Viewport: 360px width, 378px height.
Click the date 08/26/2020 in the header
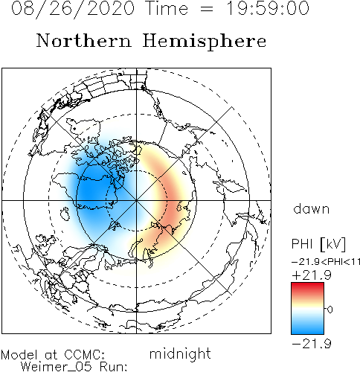(x=73, y=9)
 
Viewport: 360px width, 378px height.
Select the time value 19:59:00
(x=268, y=8)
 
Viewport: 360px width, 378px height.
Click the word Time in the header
(x=167, y=8)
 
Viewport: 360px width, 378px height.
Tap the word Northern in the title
(x=84, y=41)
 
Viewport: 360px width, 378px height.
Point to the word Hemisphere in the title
(x=205, y=42)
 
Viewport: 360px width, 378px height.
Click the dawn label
(x=312, y=208)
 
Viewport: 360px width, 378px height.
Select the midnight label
(x=180, y=354)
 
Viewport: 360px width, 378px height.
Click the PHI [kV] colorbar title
(x=318, y=244)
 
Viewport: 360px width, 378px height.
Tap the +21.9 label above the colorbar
(x=312, y=275)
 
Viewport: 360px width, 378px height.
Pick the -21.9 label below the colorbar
(x=312, y=344)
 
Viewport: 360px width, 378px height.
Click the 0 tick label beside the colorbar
(x=330, y=310)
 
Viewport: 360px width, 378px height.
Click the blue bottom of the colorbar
(x=307, y=330)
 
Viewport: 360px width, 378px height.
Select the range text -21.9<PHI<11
(x=326, y=262)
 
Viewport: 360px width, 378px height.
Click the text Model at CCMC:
(x=53, y=355)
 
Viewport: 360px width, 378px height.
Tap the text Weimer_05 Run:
(x=74, y=367)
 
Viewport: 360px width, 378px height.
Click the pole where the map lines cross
(x=136, y=200)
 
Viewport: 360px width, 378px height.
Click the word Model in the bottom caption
(x=19, y=355)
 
